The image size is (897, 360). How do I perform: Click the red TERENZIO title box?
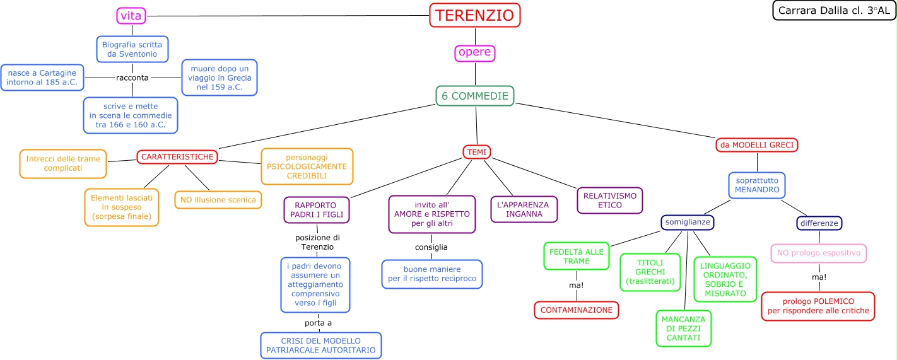coord(475,15)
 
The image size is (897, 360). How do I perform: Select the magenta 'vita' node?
coord(132,16)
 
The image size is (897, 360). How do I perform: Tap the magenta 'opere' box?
coord(474,53)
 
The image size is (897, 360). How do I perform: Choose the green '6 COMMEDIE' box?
coord(474,96)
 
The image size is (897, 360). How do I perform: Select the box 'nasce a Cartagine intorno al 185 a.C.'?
coord(42,78)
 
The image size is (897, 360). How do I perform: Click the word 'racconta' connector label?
coord(132,78)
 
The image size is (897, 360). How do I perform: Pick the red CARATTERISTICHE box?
coord(177,156)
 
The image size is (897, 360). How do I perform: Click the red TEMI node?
coord(476,152)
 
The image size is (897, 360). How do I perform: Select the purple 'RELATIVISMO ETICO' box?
coord(609,200)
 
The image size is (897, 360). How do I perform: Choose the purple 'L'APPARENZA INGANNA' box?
coord(524,209)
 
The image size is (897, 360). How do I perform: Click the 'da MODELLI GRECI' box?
coord(757,145)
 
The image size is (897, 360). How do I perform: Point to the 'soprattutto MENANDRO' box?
coord(757,185)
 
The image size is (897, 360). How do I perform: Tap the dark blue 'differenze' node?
coord(819,223)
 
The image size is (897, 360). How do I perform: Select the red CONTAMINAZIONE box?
coord(576,310)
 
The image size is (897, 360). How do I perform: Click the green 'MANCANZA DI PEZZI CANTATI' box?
coord(683,328)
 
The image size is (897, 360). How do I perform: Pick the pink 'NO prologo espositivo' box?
coord(818,253)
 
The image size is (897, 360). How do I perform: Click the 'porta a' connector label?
coord(319,323)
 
